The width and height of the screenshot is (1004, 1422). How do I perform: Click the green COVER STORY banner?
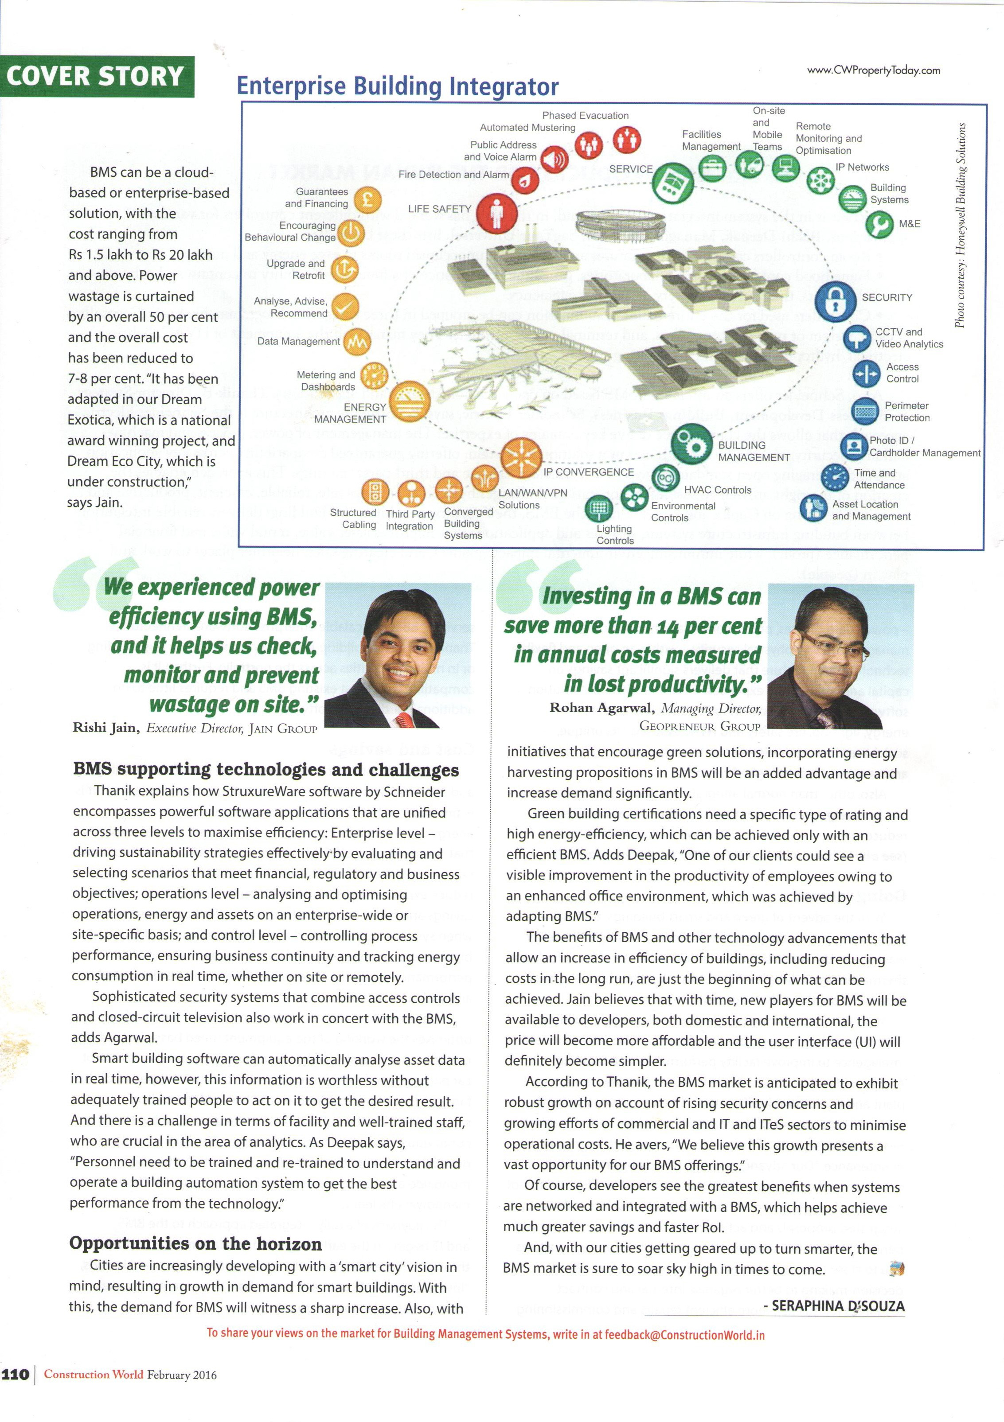coord(97,77)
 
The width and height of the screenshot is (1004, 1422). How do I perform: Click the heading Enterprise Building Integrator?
coord(398,86)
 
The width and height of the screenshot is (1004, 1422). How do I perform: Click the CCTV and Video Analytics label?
coord(909,338)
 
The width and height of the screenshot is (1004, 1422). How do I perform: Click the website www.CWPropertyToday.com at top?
coord(873,70)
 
